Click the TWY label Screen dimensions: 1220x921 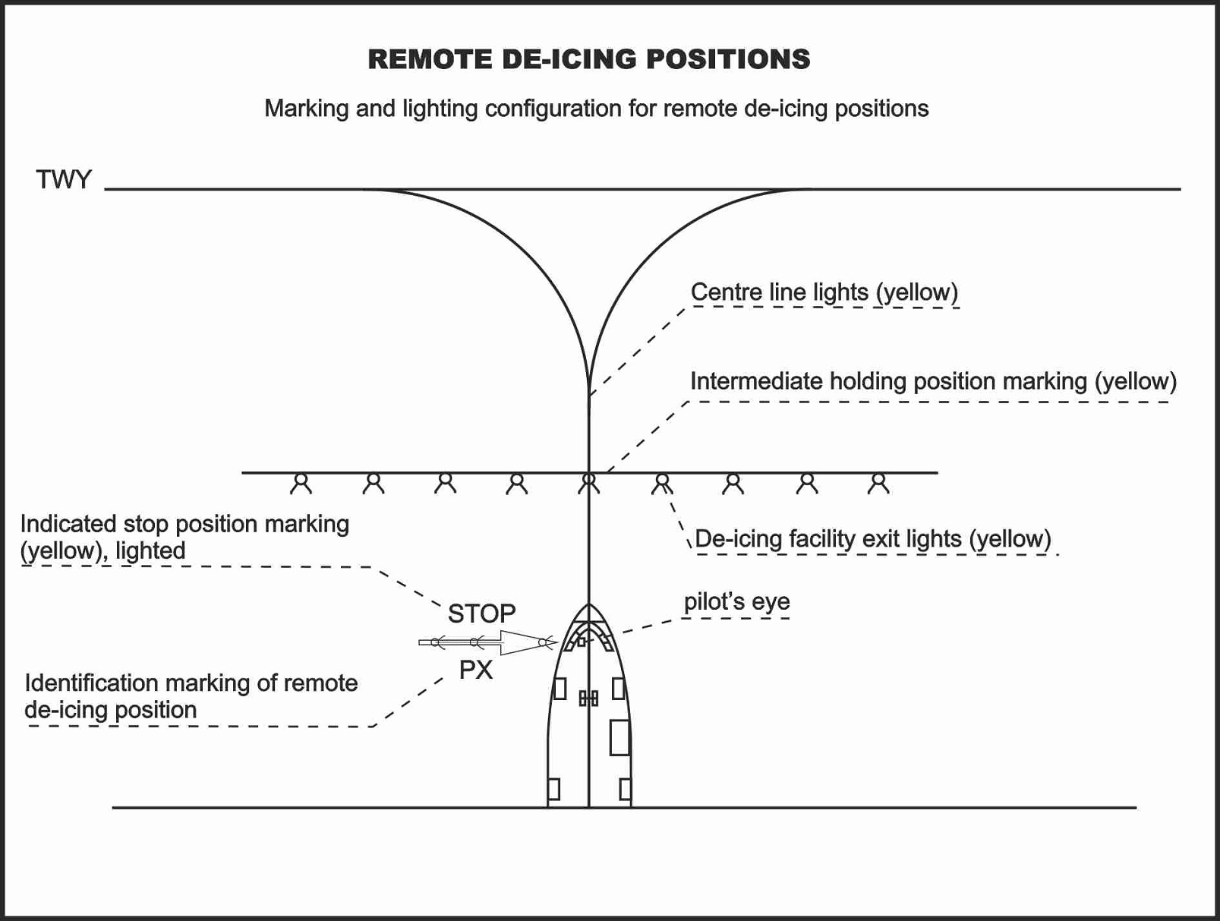point(63,179)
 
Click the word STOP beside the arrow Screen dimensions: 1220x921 point(482,613)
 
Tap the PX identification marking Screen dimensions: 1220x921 point(476,670)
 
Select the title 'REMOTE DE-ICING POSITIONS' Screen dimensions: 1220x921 point(589,59)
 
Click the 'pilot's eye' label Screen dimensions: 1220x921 point(737,602)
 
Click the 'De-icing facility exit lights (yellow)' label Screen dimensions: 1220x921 point(873,539)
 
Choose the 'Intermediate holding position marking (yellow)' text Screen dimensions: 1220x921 point(934,382)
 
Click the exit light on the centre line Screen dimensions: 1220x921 point(589,484)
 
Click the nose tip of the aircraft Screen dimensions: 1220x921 point(589,604)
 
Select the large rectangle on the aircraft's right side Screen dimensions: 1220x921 point(619,737)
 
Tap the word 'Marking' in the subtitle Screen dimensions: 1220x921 point(306,109)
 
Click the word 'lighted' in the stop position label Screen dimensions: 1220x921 point(150,551)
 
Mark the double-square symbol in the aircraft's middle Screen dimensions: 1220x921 point(588,699)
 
